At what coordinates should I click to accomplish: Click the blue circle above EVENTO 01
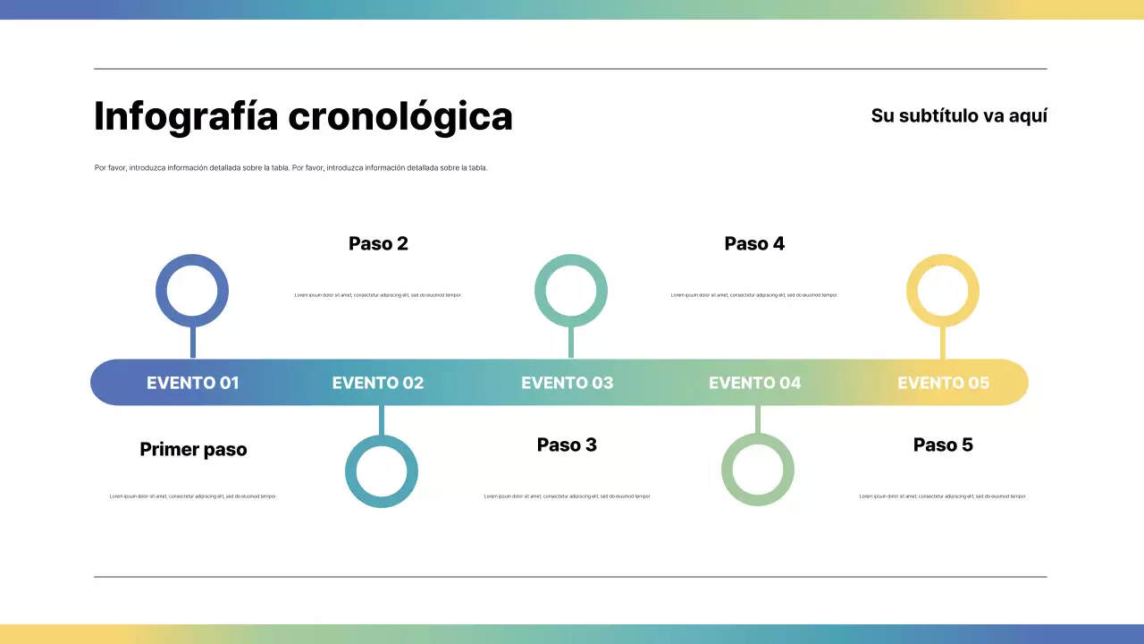[x=192, y=292]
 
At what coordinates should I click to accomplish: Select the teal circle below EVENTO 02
[x=382, y=471]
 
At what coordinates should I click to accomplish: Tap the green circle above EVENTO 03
[x=571, y=292]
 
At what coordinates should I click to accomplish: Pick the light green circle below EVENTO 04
[x=758, y=470]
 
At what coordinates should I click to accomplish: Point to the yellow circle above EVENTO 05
[x=943, y=292]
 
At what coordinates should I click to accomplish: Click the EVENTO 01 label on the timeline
[x=193, y=383]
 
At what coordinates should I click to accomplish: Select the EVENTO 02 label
[x=378, y=383]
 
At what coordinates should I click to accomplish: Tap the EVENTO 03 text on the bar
[x=568, y=383]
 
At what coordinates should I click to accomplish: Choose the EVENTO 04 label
[x=755, y=383]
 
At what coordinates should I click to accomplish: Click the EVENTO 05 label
[x=944, y=383]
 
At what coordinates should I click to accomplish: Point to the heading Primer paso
[x=193, y=449]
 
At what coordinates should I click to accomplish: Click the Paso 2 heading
[x=378, y=243]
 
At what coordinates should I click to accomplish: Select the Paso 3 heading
[x=567, y=445]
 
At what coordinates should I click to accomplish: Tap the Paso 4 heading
[x=754, y=243]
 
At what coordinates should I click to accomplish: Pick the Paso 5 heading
[x=943, y=445]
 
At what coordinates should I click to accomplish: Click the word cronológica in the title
[x=400, y=117]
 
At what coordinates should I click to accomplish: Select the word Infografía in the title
[x=186, y=117]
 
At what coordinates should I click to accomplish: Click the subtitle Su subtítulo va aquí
[x=959, y=115]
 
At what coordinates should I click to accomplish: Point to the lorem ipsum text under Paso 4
[x=754, y=294]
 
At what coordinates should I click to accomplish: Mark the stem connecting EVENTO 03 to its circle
[x=571, y=343]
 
